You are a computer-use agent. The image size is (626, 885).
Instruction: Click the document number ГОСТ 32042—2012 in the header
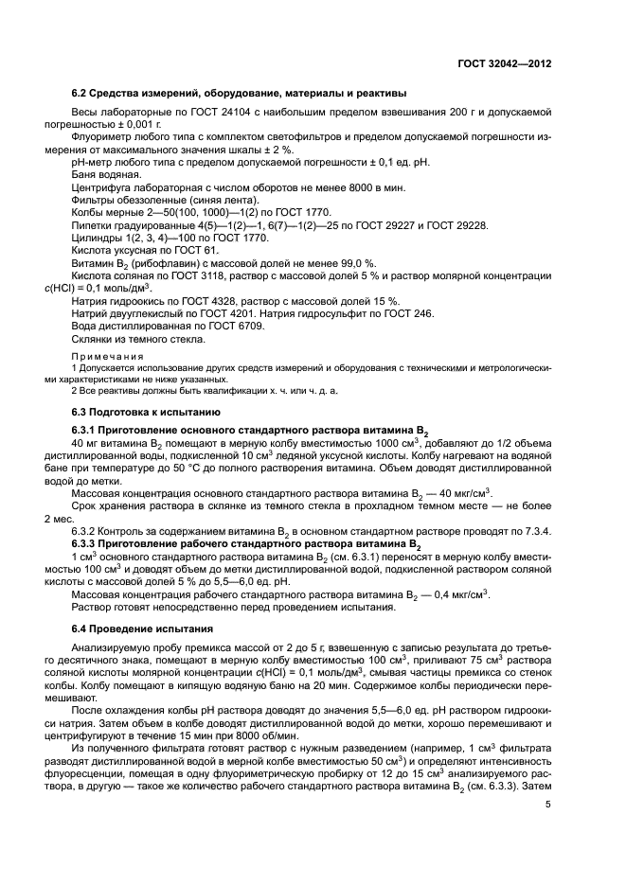coord(503,64)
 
